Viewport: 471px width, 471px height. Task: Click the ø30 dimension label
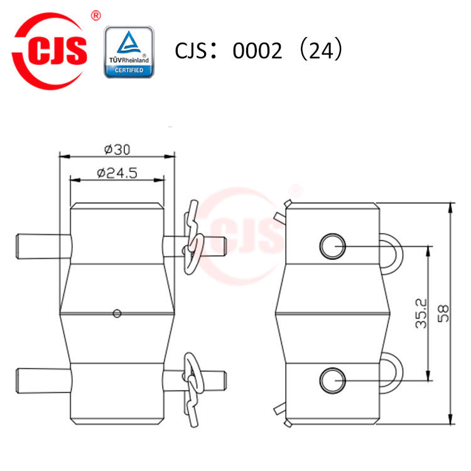pos(117,149)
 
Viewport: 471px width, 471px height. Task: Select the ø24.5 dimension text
pos(117,173)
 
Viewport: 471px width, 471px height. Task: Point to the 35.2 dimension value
pos(421,313)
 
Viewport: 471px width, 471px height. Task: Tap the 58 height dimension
pos(443,313)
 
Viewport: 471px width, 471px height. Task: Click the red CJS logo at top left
pos(50,51)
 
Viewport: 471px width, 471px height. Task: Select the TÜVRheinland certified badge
pos(129,52)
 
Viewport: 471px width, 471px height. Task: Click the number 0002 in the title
pos(257,50)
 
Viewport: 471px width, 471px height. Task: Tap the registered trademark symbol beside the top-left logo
pos(95,16)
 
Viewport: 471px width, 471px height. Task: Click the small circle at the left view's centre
pos(117,313)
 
